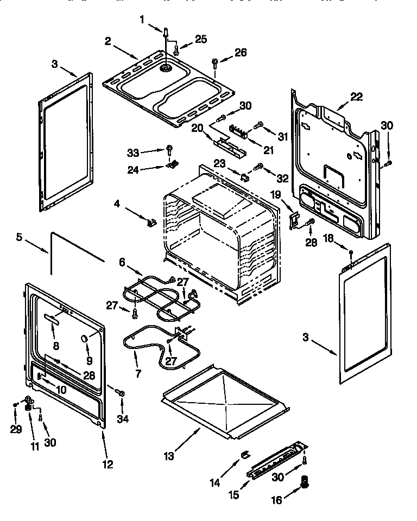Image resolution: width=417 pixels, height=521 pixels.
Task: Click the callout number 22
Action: [x=356, y=97]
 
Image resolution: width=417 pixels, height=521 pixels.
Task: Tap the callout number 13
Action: [x=169, y=456]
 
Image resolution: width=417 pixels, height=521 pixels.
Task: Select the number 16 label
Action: [x=277, y=500]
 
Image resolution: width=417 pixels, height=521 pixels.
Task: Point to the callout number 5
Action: [x=19, y=237]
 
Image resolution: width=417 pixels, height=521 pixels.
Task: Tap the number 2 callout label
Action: [x=108, y=41]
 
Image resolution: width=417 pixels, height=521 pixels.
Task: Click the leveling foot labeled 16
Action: [x=304, y=481]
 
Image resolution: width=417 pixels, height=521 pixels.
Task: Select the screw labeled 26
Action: [x=216, y=62]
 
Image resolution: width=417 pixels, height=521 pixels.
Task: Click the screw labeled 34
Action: [x=121, y=392]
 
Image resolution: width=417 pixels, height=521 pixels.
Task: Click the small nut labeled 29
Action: [x=16, y=405]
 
